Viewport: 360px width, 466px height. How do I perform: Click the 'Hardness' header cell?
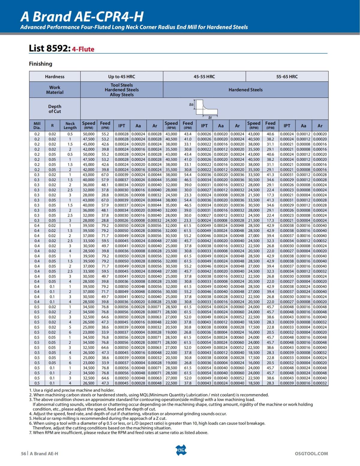coord(55,77)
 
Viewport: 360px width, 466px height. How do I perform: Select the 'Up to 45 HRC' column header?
coord(121,77)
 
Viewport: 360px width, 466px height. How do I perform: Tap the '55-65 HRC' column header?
coord(287,77)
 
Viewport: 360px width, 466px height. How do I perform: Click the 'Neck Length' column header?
coord(70,125)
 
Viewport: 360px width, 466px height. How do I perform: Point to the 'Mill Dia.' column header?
coord(37,125)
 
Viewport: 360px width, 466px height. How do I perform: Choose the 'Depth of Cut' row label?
coord(55,109)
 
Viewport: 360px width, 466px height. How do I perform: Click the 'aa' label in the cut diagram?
coord(191,104)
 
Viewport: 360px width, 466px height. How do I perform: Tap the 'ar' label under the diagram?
coord(210,117)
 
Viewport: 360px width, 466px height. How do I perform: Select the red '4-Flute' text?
coord(83,49)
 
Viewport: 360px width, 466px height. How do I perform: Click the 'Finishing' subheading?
coord(40,64)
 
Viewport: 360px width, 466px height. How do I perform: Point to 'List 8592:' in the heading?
coord(49,48)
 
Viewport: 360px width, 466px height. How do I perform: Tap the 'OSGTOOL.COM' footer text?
coord(311,453)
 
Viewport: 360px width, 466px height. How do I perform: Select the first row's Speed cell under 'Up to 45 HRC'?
coord(88,134)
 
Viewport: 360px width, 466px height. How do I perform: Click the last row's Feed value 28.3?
coord(270,383)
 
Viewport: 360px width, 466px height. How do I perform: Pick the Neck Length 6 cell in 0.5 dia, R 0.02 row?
coord(70,332)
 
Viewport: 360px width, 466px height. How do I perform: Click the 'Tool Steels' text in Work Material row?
coord(121,85)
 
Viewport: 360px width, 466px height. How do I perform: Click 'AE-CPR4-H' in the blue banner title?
coord(109,17)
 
